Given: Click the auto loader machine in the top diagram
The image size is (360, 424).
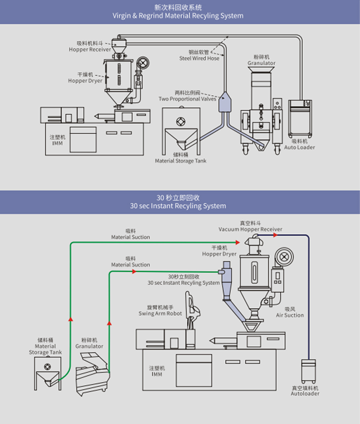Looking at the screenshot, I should (300, 119).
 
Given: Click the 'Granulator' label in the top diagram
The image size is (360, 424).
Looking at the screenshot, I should (261, 63).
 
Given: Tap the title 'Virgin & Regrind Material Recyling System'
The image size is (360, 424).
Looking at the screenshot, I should (178, 15).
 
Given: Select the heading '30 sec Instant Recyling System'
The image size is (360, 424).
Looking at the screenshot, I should (178, 206).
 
